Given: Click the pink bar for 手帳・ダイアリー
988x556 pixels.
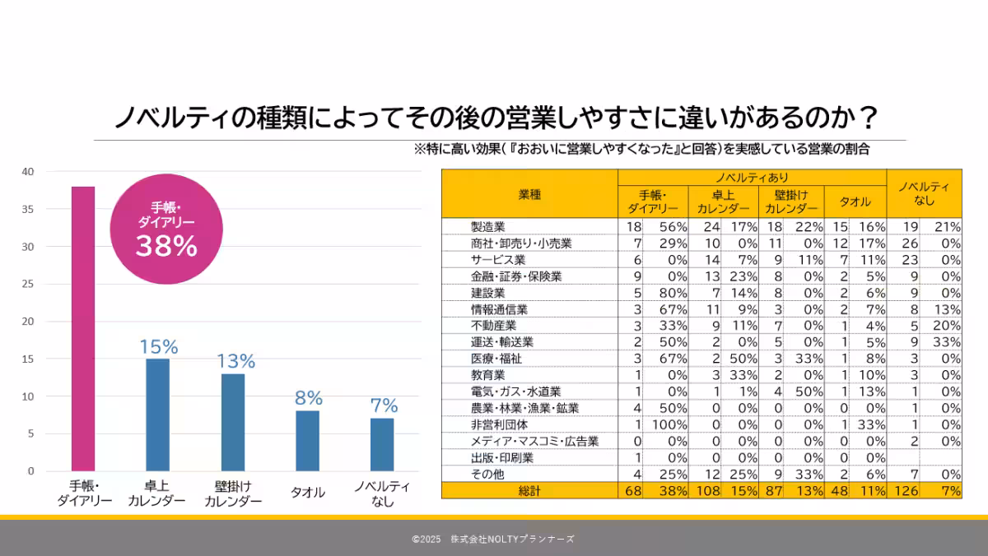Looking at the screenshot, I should pyautogui.click(x=83, y=329).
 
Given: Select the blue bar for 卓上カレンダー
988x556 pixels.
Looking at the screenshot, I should pyautogui.click(x=158, y=415).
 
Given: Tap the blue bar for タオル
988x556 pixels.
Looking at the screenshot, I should pyautogui.click(x=307, y=441).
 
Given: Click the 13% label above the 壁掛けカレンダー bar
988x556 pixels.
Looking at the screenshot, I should pyautogui.click(x=236, y=361).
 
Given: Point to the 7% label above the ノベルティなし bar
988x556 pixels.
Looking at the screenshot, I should pyautogui.click(x=384, y=405).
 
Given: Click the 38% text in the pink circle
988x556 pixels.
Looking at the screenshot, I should pyautogui.click(x=166, y=246).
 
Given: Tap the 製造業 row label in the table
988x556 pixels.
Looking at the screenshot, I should pyautogui.click(x=487, y=226).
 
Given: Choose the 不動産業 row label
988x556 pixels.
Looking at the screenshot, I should pyautogui.click(x=493, y=326).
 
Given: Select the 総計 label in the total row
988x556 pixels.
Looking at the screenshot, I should pyautogui.click(x=529, y=490).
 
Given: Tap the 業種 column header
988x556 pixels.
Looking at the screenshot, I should pyautogui.click(x=529, y=193).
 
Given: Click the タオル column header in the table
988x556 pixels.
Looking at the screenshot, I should pyautogui.click(x=855, y=202).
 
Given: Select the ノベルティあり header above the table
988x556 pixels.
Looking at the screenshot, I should pyautogui.click(x=751, y=177).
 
